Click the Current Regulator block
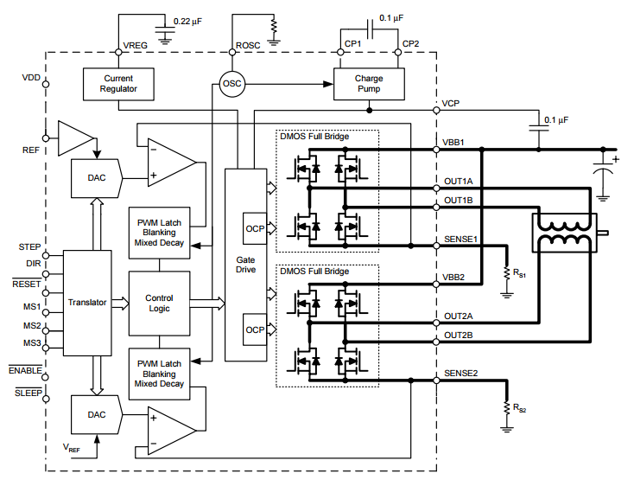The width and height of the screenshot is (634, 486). pos(118,84)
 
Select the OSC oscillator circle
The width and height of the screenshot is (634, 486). pos(232,84)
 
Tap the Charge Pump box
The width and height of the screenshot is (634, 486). pos(369,84)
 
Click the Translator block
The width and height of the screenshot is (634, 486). pos(87,303)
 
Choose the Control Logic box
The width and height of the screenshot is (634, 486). pos(159,303)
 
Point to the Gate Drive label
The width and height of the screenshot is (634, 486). pos(246,265)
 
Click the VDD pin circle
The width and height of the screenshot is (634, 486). pos(46,84)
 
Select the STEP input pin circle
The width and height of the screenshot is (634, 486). pos(46,255)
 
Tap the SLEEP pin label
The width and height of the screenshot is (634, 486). pos(29,393)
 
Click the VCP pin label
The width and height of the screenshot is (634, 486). pos(450,104)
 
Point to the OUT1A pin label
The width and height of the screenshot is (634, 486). pos(458,182)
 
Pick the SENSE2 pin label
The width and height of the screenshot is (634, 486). pos(460,373)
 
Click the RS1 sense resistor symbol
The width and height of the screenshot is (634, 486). pos(507,272)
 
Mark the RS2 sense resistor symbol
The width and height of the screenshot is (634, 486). pos(507,407)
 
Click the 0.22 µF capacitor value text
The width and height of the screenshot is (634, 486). pos(187,22)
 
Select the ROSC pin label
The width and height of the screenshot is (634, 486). pos(248,45)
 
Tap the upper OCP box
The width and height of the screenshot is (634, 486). pos(255,228)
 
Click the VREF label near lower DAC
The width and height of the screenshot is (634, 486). pos(72,448)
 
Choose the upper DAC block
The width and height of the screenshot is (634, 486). pos(97,178)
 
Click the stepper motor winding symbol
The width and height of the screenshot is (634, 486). pos(564,233)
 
